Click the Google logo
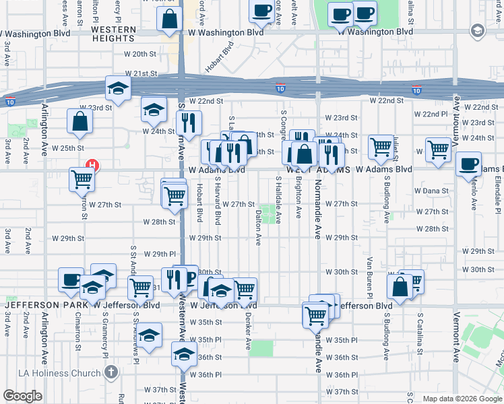click(x=22, y=396)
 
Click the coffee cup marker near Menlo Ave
click(x=468, y=164)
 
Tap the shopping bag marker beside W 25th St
click(x=80, y=122)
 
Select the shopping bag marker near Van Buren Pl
click(x=400, y=285)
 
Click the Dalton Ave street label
click(x=258, y=227)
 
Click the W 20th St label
click(x=140, y=54)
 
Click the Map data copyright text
click(x=462, y=399)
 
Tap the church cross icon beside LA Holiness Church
click(x=112, y=372)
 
